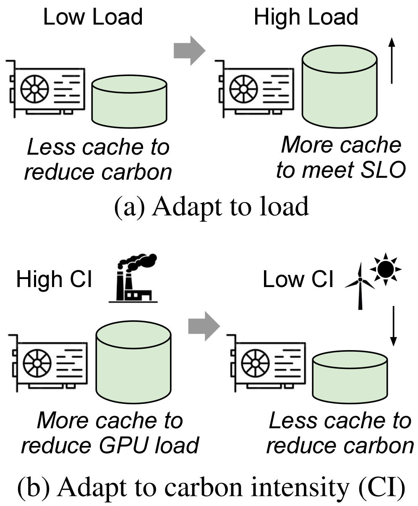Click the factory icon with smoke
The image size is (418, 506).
[x=133, y=278]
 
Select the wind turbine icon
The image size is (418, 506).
[x=360, y=286]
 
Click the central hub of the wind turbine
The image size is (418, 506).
[x=360, y=279]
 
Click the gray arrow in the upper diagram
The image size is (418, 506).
[x=189, y=50]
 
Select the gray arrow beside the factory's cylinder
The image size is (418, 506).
[x=204, y=326]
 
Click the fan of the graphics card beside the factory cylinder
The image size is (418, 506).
[x=37, y=363]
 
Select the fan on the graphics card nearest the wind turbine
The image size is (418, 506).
[x=255, y=363]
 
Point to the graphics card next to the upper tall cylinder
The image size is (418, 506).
[x=254, y=89]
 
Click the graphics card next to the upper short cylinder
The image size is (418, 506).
[x=45, y=89]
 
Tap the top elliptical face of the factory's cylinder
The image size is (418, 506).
[x=133, y=335]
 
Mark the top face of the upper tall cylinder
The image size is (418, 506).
[x=340, y=59]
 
